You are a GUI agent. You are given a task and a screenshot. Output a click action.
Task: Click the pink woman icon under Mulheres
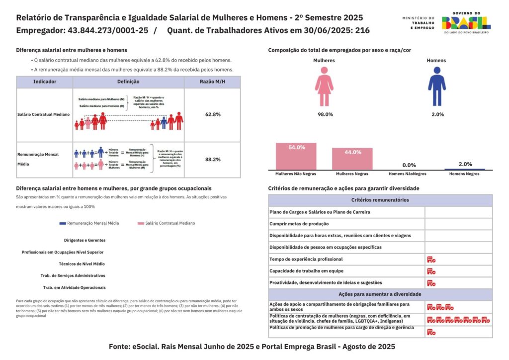(x=324, y=88)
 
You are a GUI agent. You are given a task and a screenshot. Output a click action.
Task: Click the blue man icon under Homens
(x=436, y=88)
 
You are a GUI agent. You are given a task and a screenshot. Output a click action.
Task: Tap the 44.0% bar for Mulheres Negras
(x=352, y=159)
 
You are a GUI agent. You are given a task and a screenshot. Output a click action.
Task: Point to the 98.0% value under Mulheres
(x=325, y=114)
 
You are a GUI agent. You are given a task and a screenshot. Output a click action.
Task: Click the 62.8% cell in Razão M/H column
(x=212, y=114)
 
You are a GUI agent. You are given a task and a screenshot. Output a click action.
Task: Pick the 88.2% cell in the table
(x=212, y=160)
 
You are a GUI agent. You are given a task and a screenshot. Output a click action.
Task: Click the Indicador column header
(x=44, y=82)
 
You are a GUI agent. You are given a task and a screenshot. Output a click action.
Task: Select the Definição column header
(x=128, y=82)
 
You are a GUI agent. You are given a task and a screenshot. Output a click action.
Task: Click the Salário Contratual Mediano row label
(x=43, y=114)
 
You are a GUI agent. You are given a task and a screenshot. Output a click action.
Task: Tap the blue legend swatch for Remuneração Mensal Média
(x=62, y=224)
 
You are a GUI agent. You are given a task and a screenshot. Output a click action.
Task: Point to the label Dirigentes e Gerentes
(x=85, y=240)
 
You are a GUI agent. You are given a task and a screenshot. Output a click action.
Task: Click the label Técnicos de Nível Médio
(x=82, y=264)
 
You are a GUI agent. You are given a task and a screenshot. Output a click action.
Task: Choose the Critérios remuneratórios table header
(x=380, y=200)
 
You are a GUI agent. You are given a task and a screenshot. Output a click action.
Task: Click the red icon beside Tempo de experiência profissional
(x=431, y=260)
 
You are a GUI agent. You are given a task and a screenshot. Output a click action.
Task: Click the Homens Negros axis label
(x=465, y=174)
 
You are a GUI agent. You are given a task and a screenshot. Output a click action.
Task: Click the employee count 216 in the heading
(x=362, y=30)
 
